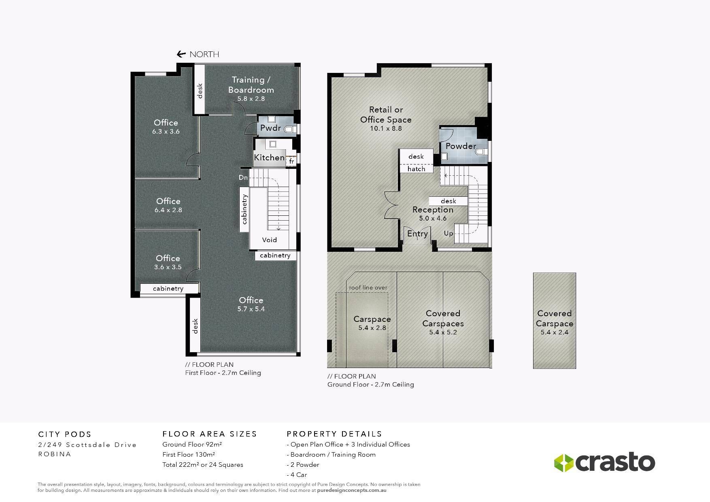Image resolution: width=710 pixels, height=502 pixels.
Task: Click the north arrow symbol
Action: pyautogui.click(x=181, y=54)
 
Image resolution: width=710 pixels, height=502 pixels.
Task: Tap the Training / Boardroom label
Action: pyautogui.click(x=251, y=85)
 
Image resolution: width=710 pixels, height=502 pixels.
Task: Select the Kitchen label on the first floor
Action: pyautogui.click(x=269, y=157)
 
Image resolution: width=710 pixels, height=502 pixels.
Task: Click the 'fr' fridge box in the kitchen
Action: pyautogui.click(x=291, y=161)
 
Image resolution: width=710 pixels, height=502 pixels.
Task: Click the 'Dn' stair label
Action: pyautogui.click(x=243, y=177)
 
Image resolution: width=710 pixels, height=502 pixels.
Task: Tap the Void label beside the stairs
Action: pyautogui.click(x=270, y=240)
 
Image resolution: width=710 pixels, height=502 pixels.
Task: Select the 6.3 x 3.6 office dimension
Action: pyautogui.click(x=166, y=132)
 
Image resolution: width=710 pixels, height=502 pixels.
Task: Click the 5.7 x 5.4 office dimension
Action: pyautogui.click(x=251, y=309)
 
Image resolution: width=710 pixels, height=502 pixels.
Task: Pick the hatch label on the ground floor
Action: pyautogui.click(x=416, y=169)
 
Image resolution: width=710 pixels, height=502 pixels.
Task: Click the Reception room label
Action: pyautogui.click(x=433, y=210)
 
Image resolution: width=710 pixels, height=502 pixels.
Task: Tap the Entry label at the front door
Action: pyautogui.click(x=417, y=234)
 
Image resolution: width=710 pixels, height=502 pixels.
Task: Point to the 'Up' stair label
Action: pyautogui.click(x=449, y=234)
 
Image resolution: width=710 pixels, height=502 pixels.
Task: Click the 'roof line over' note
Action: pyautogui.click(x=368, y=287)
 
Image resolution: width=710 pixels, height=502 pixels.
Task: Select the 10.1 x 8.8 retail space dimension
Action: pyautogui.click(x=386, y=128)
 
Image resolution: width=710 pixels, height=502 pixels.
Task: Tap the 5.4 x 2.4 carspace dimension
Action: pyautogui.click(x=555, y=332)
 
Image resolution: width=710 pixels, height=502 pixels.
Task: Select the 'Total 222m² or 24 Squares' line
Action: pyautogui.click(x=203, y=465)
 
